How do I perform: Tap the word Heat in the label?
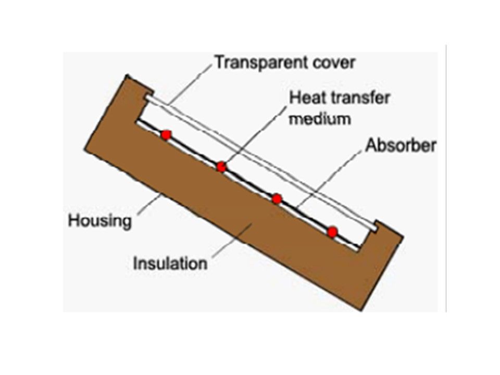click(x=306, y=97)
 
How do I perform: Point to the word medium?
click(x=320, y=119)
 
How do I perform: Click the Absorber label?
click(x=401, y=145)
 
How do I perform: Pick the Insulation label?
click(x=170, y=263)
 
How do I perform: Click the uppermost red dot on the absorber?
click(x=166, y=135)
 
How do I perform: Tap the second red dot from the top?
click(x=221, y=167)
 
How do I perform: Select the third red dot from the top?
click(x=277, y=198)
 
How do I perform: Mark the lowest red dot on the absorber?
click(x=332, y=232)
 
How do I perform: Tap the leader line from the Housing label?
click(x=150, y=204)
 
